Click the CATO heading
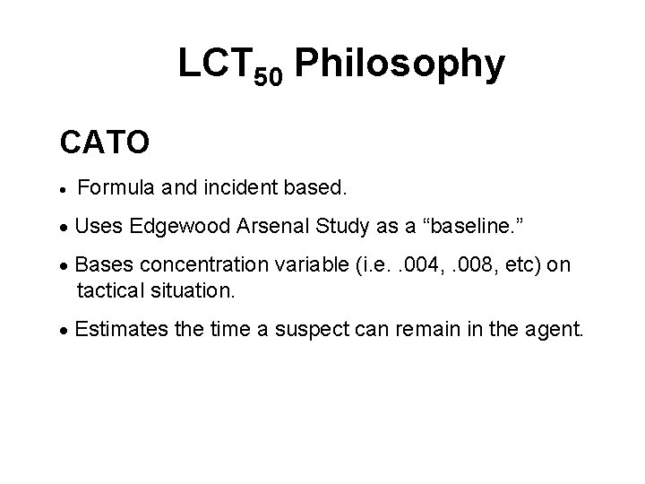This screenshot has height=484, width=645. [x=104, y=142]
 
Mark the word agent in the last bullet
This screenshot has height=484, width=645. [x=555, y=330]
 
